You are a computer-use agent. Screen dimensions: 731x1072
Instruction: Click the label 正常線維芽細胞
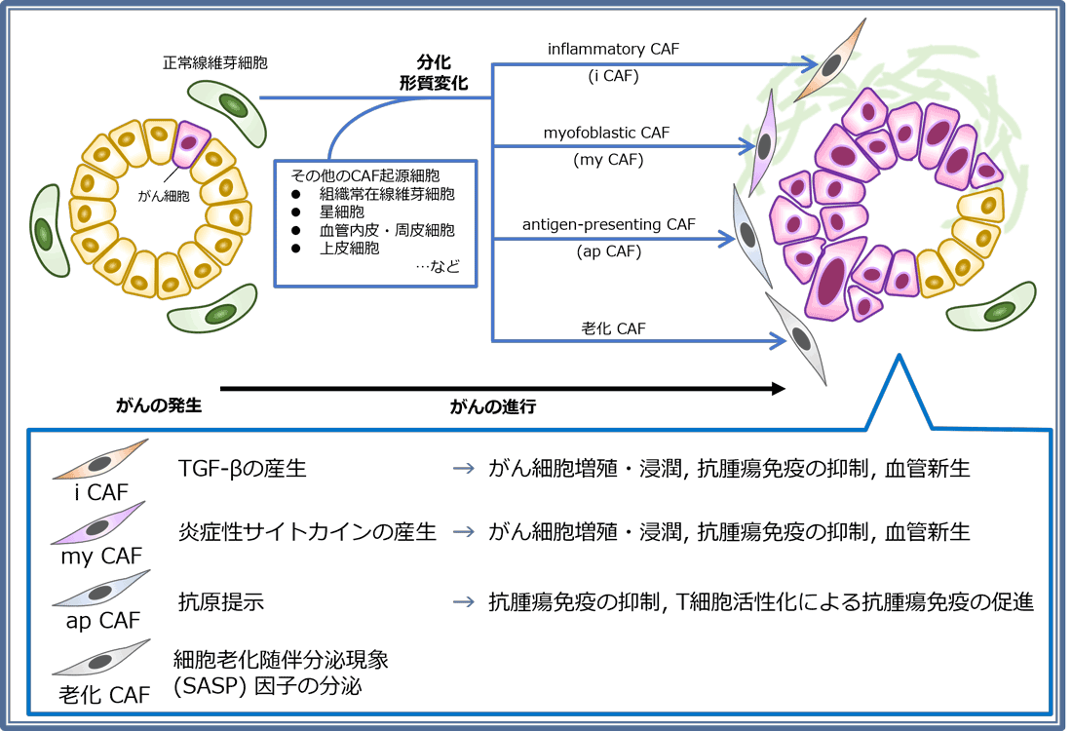click(215, 62)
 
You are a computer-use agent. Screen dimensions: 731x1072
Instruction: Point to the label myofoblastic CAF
click(607, 132)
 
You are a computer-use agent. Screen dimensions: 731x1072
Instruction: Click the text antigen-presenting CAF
click(608, 224)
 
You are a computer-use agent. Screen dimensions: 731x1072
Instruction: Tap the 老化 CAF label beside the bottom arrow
click(613, 328)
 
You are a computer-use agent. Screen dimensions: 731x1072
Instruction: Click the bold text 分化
click(434, 60)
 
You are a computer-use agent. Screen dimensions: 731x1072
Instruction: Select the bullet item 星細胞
click(340, 212)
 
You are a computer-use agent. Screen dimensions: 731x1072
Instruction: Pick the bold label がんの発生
click(159, 405)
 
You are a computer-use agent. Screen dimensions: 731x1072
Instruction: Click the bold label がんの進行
click(493, 407)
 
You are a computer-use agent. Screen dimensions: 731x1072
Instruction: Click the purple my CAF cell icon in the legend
click(100, 523)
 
